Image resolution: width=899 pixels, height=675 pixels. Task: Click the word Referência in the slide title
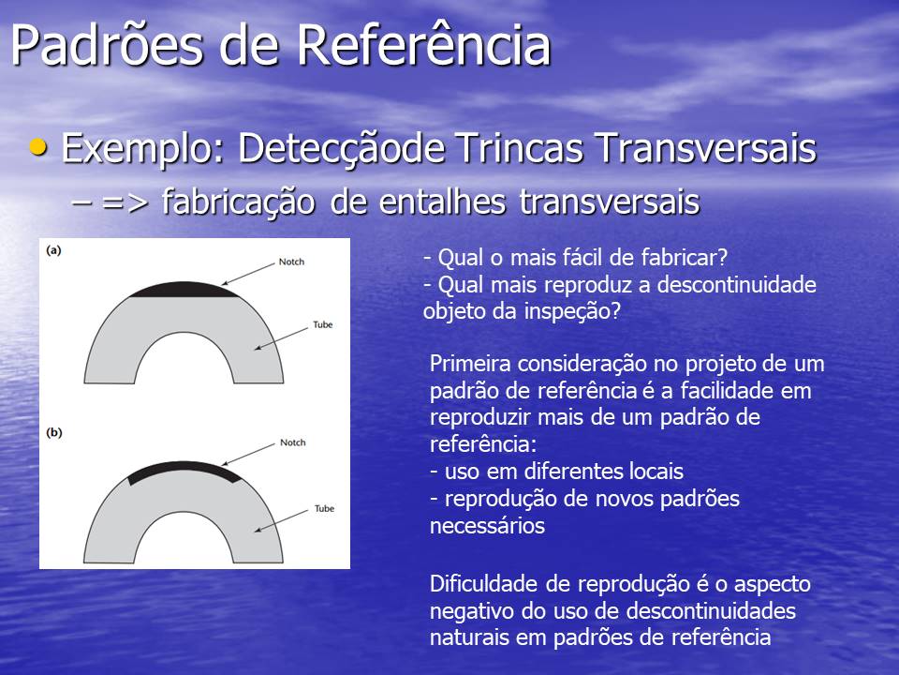[423, 45]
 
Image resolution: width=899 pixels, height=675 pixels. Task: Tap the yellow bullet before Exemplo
[38, 147]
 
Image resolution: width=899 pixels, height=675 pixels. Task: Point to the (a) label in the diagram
[53, 250]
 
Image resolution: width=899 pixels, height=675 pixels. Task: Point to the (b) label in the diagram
[54, 433]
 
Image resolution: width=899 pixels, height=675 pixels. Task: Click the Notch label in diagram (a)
[291, 262]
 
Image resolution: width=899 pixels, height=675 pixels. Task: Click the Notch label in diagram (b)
[293, 442]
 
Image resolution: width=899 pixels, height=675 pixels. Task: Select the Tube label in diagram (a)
[323, 325]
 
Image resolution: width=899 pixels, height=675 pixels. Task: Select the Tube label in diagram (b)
[325, 508]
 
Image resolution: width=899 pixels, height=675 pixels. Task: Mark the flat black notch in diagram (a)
[184, 290]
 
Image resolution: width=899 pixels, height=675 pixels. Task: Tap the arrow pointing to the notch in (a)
[248, 274]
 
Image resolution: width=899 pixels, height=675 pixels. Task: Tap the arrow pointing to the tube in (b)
[281, 520]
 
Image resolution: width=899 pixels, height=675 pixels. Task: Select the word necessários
[487, 526]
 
